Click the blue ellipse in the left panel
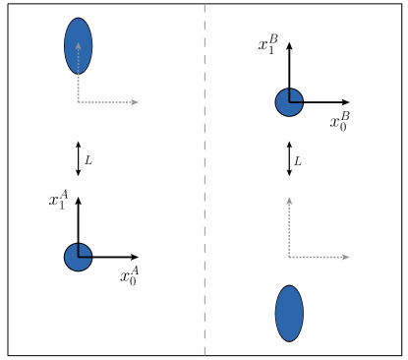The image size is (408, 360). click(79, 45)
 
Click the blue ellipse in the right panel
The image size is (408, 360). click(289, 314)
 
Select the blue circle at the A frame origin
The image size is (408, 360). click(78, 257)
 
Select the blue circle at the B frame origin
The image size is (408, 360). click(289, 101)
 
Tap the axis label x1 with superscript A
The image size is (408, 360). click(58, 200)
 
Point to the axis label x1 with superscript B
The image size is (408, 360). click(268, 44)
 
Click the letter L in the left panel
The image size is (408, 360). click(88, 159)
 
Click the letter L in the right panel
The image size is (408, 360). click(298, 160)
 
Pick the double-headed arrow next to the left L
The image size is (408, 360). click(78, 158)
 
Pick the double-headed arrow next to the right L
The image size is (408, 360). click(289, 158)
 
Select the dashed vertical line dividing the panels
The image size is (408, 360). click(204, 177)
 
